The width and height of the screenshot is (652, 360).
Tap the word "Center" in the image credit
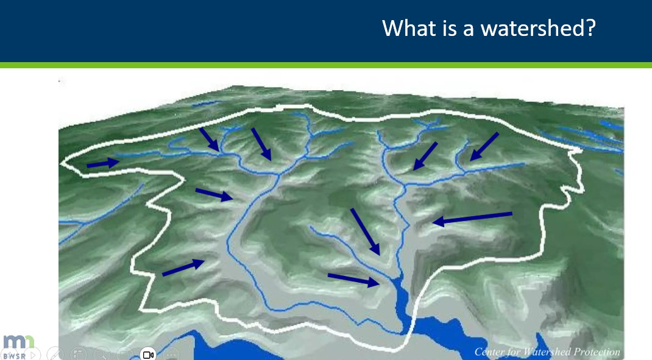(489, 351)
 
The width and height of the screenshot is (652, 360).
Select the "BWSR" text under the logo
(14, 355)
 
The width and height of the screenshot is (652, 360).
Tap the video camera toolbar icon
(148, 354)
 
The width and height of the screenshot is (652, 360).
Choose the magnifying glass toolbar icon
(101, 354)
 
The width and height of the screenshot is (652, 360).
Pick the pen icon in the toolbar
(55, 354)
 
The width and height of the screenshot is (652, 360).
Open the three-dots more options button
(171, 354)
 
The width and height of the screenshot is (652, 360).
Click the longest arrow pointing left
(472, 218)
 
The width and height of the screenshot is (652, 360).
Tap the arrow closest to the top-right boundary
(484, 147)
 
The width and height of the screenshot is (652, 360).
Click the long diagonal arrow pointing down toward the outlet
(365, 231)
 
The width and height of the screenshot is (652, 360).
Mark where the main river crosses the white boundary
(402, 333)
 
